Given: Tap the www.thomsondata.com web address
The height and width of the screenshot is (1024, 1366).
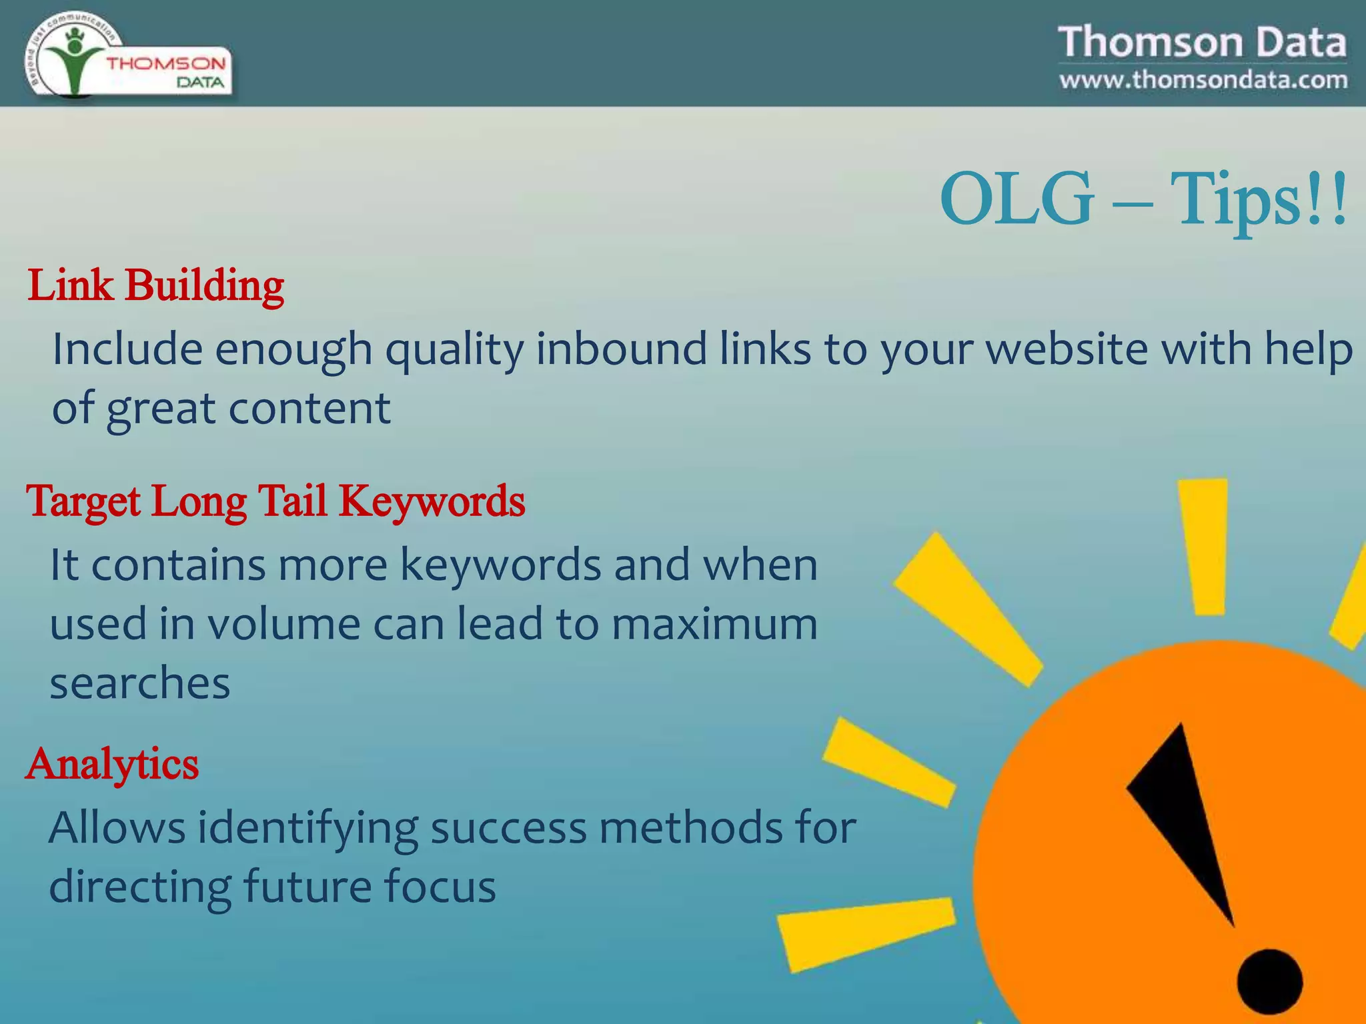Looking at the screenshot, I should point(1203,80).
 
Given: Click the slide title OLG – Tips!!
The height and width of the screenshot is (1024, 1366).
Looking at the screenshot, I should point(1143,199).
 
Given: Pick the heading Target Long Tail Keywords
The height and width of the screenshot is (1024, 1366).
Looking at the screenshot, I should point(275,501).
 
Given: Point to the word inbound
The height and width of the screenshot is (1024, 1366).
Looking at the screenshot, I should point(621,349).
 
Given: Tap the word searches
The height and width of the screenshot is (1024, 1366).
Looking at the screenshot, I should point(140,683).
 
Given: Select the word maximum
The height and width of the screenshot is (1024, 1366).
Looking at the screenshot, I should point(714,625).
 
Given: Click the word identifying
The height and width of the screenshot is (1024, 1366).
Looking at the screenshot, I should point(307,829).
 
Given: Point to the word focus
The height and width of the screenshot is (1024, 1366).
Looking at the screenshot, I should point(439,887).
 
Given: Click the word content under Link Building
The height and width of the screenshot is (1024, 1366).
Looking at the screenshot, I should point(309,408).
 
